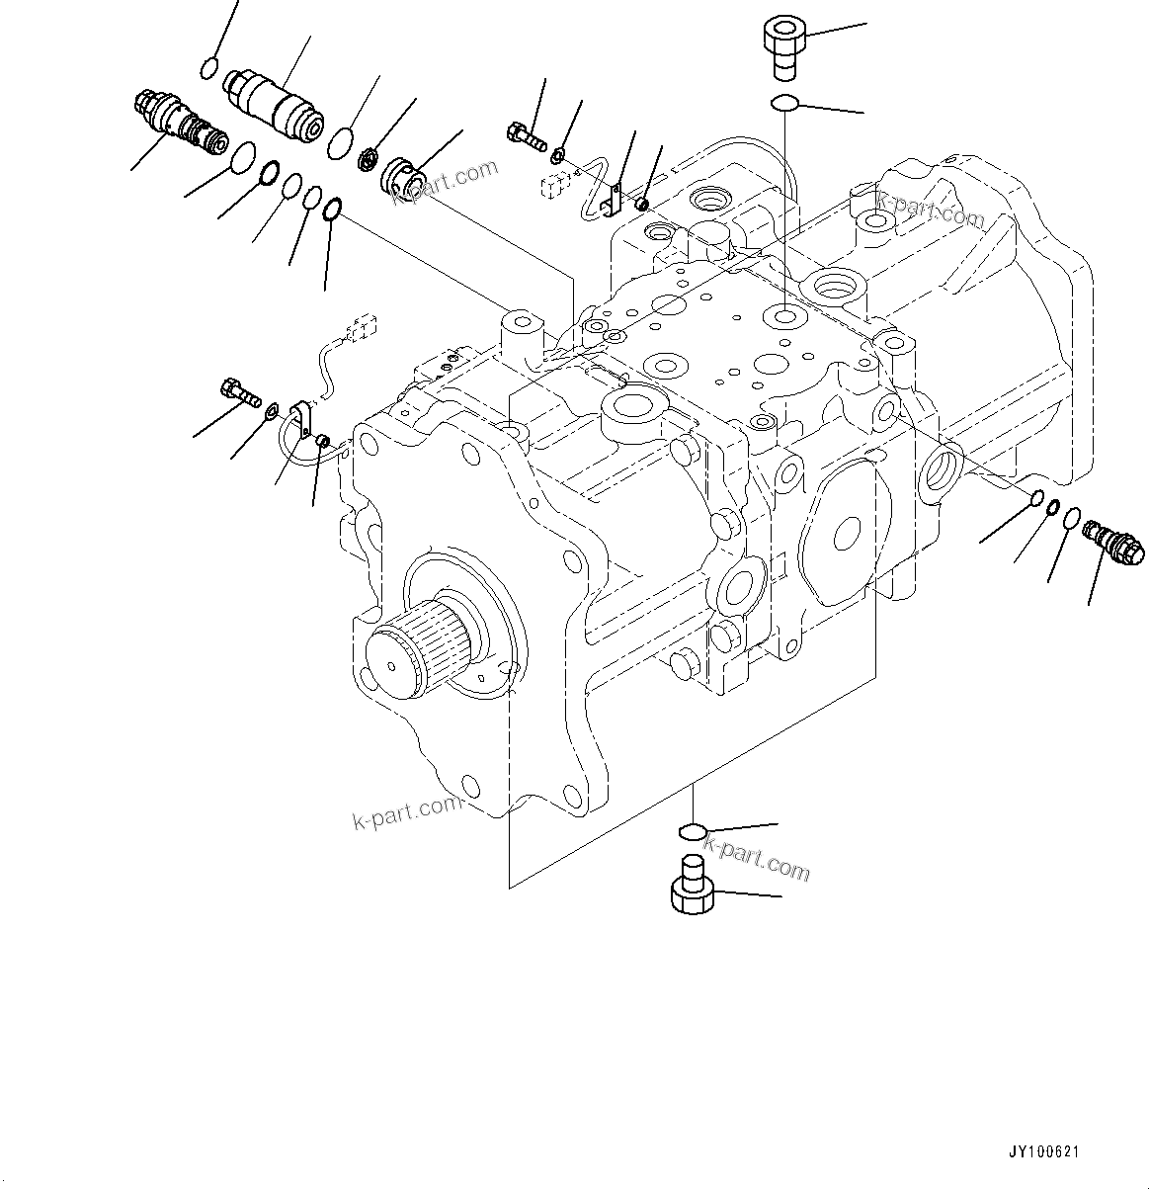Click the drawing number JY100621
(1043, 1152)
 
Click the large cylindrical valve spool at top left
(273, 103)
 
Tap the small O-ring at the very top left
(208, 67)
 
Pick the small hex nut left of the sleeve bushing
(370, 157)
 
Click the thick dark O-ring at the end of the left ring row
(333, 208)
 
